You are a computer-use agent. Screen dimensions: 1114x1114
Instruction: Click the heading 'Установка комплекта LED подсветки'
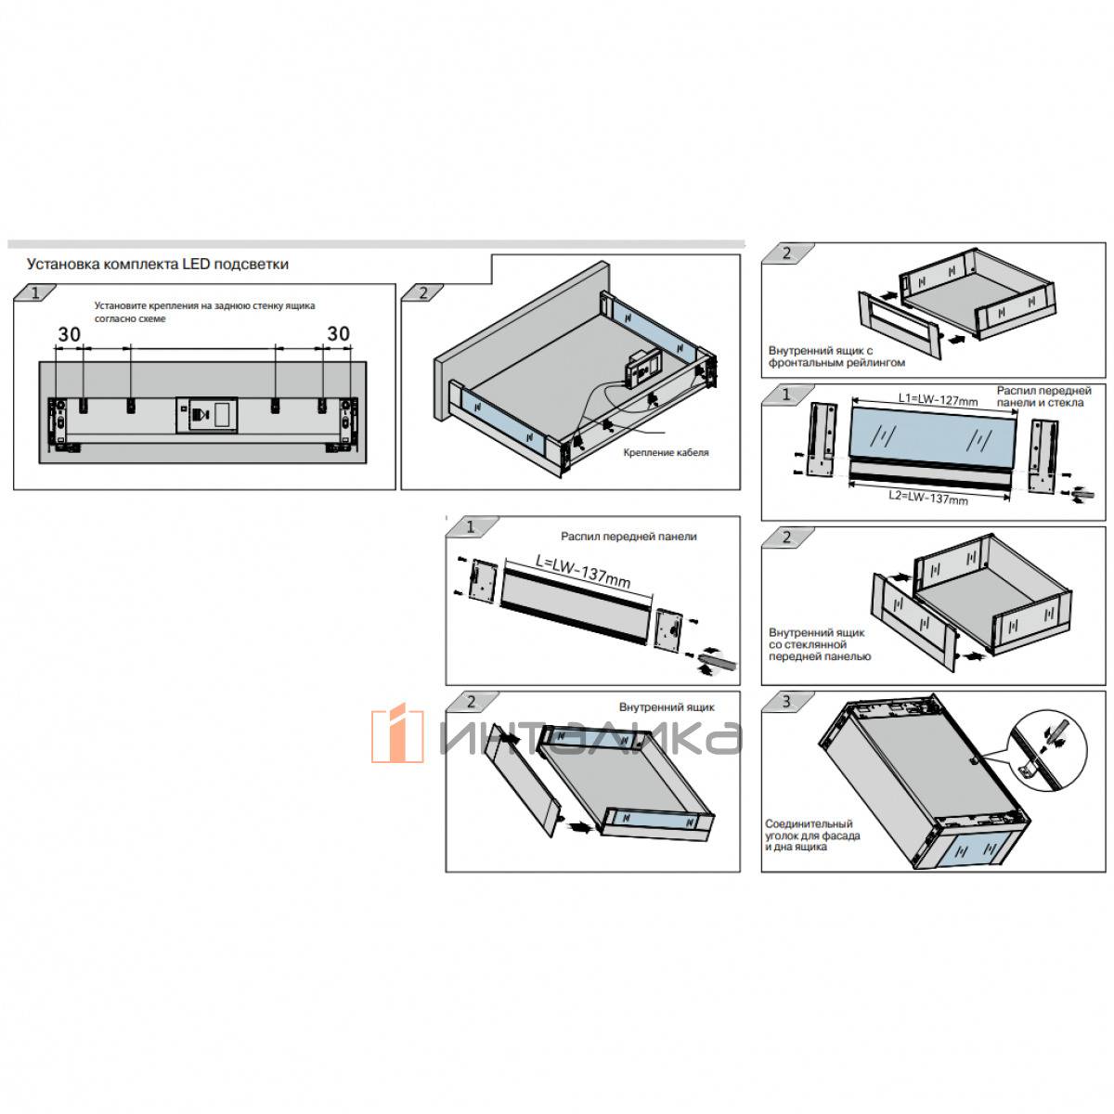point(157,265)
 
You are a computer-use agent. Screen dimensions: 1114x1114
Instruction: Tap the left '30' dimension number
point(70,334)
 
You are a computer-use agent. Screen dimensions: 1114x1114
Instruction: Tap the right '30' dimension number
point(338,333)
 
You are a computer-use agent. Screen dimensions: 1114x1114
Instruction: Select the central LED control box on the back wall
point(206,414)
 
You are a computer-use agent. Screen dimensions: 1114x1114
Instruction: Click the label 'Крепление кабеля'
point(666,452)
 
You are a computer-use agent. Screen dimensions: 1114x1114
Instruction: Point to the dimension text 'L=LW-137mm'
point(582,572)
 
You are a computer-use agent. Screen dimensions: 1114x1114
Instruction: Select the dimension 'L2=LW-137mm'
point(927,497)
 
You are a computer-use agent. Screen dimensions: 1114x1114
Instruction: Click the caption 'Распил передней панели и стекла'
point(1043,396)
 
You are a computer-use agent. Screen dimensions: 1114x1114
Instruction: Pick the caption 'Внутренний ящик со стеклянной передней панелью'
point(819,644)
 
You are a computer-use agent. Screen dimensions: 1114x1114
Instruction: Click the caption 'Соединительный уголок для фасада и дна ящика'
point(812,835)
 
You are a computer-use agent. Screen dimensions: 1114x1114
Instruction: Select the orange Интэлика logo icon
point(397,732)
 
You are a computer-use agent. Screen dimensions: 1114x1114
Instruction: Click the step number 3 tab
point(787,702)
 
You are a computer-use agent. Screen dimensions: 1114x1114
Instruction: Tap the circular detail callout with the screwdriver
point(1049,751)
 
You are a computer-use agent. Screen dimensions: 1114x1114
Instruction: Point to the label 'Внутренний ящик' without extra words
point(667,707)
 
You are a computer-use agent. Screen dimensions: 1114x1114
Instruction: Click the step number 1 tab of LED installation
point(34,292)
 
